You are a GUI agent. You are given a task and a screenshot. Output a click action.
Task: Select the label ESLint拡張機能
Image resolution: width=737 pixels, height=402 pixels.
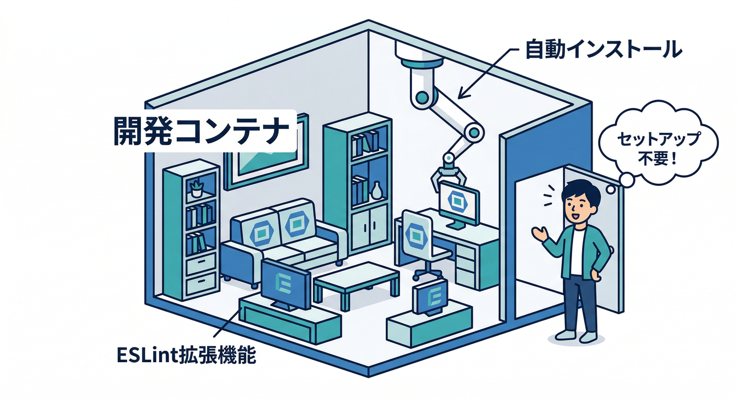click(186, 356)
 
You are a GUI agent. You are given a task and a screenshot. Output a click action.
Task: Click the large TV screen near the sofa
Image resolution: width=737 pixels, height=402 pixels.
click(285, 283)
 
